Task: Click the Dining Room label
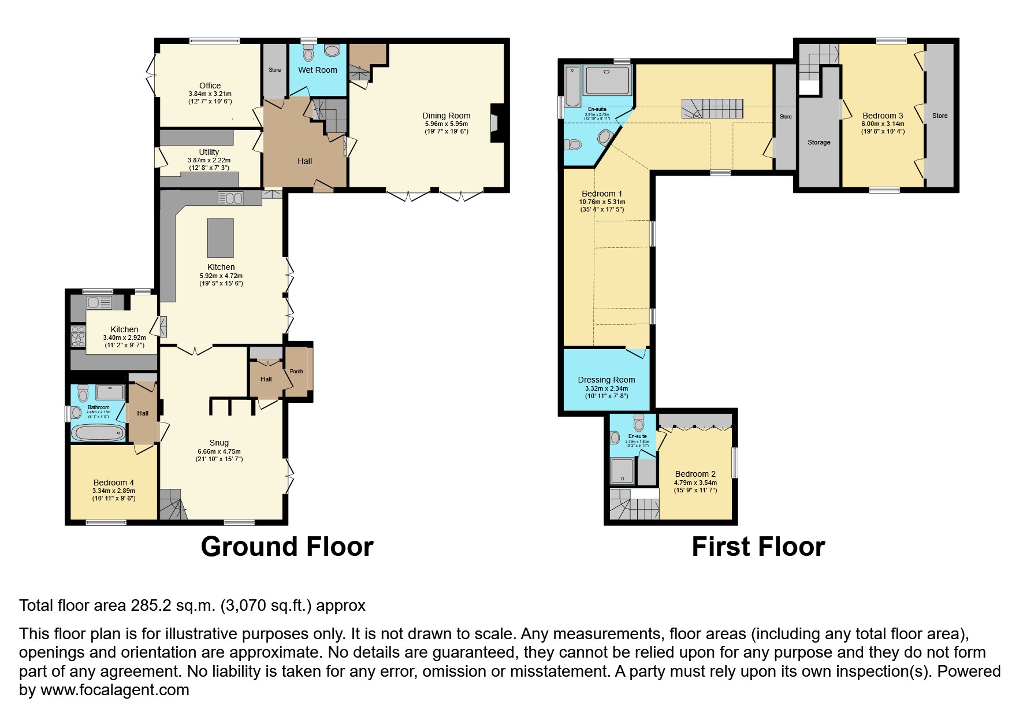pos(446,116)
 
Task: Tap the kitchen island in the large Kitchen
pos(221,238)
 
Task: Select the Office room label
pos(210,86)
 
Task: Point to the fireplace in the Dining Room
pos(496,123)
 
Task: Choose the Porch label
pos(296,372)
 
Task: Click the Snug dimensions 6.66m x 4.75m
pos(219,451)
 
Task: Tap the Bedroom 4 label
pos(114,483)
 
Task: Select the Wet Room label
pos(317,70)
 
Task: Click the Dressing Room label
pos(606,380)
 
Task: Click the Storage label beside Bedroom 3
pos(819,142)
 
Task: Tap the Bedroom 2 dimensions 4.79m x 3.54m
pos(695,483)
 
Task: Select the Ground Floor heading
pos(287,547)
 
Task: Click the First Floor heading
pos(758,547)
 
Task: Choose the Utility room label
pos(209,152)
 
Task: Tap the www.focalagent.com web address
pos(114,690)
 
